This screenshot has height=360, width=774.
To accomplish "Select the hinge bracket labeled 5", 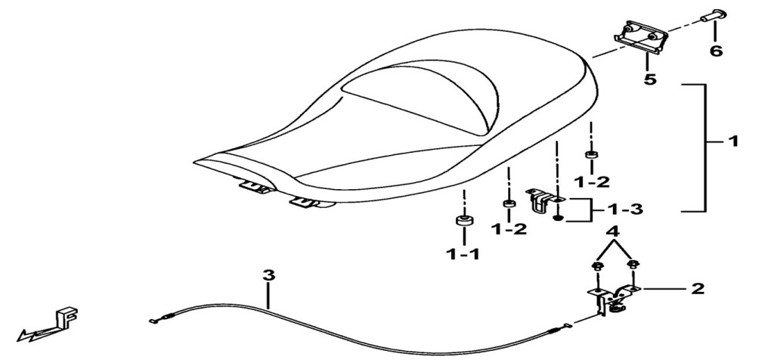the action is [x=641, y=38].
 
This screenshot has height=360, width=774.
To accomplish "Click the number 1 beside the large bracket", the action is [x=733, y=141].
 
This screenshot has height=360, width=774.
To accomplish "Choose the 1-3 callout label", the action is [x=624, y=209].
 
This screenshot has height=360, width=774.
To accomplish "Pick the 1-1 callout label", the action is [x=463, y=254].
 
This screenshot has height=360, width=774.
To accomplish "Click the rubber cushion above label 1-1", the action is [x=463, y=220].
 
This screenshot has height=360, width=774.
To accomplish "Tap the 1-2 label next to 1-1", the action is [x=509, y=228].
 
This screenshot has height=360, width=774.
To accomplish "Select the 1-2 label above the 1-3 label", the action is [x=591, y=182].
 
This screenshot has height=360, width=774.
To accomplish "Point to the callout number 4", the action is [x=612, y=231].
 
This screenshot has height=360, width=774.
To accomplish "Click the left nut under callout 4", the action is [x=596, y=267].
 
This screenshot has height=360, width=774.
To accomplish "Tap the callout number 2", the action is [x=698, y=288].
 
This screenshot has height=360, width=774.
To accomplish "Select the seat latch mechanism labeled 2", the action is [x=612, y=299].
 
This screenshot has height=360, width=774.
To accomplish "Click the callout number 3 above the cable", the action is [x=268, y=275].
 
